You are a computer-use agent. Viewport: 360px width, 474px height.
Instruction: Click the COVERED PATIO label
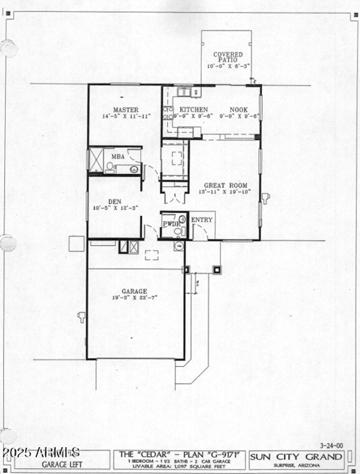[x=228, y=57]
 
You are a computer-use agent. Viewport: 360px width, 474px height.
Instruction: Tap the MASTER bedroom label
[x=126, y=110]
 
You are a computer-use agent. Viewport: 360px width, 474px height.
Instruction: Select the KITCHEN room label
[x=193, y=110]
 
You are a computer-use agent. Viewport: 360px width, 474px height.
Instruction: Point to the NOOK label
[x=238, y=110]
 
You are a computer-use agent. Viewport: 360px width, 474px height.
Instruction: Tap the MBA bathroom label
[x=118, y=157]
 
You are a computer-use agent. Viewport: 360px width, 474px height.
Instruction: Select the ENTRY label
[x=201, y=220]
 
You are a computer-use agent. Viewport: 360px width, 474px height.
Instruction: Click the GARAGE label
[x=134, y=291]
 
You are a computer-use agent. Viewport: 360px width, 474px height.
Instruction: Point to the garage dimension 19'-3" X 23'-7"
[x=134, y=298]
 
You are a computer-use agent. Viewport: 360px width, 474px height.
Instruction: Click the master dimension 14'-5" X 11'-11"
[x=126, y=116]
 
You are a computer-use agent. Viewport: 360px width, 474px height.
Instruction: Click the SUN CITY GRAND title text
[x=297, y=457]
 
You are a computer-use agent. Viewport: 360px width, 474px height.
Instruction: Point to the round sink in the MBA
[x=134, y=169]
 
